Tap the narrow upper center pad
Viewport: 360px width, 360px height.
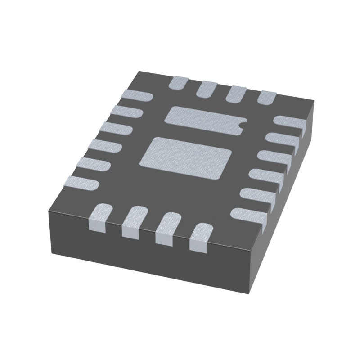click(x=204, y=119)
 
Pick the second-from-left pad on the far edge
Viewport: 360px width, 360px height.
click(x=207, y=88)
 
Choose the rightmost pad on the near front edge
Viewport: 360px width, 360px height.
click(x=200, y=237)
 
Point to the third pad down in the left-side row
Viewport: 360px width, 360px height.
click(x=116, y=129)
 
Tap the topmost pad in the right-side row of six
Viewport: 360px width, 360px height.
click(x=290, y=122)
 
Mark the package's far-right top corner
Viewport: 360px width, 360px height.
click(x=314, y=103)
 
